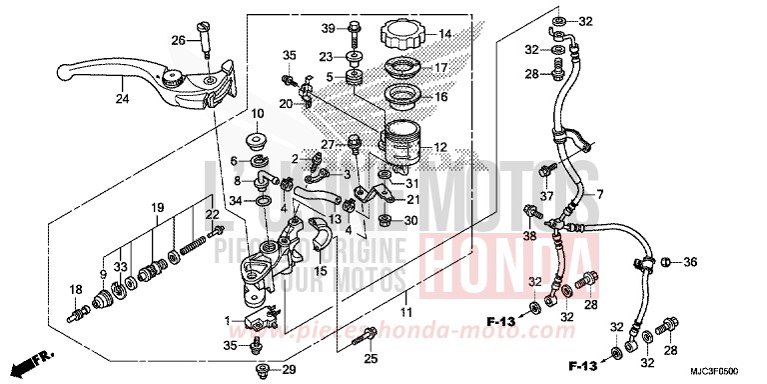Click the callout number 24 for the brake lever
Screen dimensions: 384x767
tap(122, 99)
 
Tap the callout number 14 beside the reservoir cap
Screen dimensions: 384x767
tap(444, 33)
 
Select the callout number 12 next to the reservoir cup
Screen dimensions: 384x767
tap(438, 148)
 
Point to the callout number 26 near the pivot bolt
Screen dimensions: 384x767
tap(178, 40)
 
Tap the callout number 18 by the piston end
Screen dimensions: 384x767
tap(75, 290)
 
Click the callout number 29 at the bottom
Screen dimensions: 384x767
tap(289, 371)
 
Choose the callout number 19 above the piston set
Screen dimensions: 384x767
tap(158, 207)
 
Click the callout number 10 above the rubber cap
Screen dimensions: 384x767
tap(257, 114)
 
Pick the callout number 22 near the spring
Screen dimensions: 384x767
tap(212, 215)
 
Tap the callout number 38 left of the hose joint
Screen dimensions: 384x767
tap(529, 237)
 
